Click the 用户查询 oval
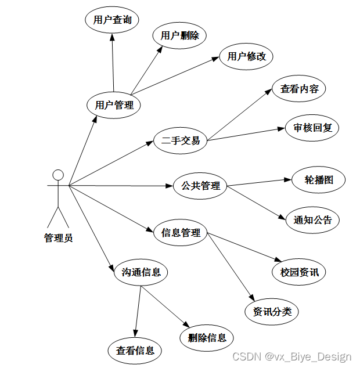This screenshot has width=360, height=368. (113, 20)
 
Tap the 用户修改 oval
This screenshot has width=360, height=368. (246, 56)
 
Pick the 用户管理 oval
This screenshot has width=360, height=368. (114, 105)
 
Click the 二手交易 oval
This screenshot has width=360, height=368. (180, 140)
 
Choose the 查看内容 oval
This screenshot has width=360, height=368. (299, 89)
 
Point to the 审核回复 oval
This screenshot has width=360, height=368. (312, 128)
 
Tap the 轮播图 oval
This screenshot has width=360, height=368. (319, 179)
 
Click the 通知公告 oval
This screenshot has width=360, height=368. (312, 219)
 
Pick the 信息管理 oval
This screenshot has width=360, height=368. (181, 233)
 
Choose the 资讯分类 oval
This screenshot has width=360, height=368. (271, 312)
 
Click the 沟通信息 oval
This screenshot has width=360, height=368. (141, 271)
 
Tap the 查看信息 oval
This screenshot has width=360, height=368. (135, 351)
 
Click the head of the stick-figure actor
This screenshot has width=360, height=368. (57, 175)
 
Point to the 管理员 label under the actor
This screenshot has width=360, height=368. (58, 237)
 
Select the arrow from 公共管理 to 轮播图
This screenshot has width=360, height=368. (258, 182)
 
